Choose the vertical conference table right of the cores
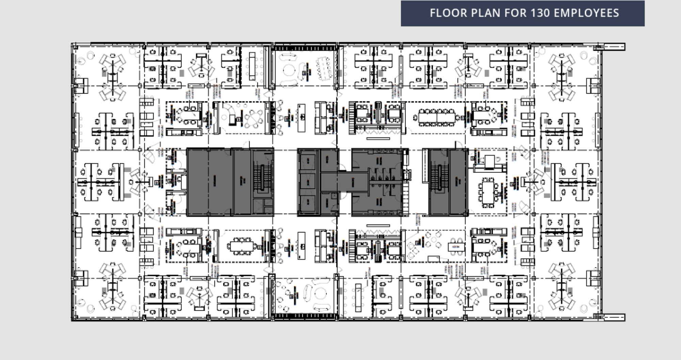click(488, 193)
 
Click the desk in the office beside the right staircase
click(490, 162)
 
